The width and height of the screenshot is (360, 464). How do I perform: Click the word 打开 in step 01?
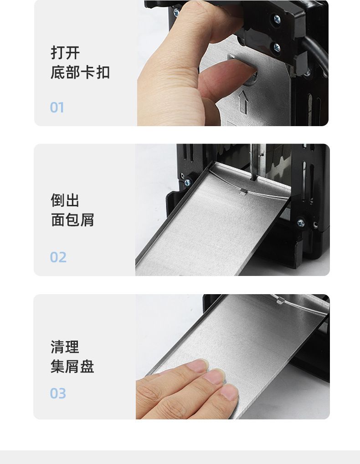click(x=65, y=53)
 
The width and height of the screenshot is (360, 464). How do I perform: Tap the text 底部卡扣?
click(x=80, y=72)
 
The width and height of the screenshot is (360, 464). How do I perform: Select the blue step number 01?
click(x=57, y=107)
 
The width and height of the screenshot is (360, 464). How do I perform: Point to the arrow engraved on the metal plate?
click(x=243, y=102)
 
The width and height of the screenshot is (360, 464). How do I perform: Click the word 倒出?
click(x=65, y=200)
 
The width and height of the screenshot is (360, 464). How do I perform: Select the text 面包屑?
click(x=72, y=220)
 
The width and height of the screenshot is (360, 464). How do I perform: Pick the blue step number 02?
click(x=58, y=257)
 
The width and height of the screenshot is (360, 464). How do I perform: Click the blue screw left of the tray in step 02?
click(x=187, y=183)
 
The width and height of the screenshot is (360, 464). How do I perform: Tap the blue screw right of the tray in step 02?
click(x=301, y=223)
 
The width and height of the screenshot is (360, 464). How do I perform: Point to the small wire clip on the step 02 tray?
click(x=243, y=192)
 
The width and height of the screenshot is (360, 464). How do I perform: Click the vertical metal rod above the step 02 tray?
click(x=254, y=162)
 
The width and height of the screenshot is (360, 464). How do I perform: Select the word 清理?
click(x=65, y=347)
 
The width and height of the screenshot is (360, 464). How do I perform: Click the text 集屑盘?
click(x=72, y=367)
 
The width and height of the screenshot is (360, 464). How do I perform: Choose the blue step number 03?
click(x=58, y=393)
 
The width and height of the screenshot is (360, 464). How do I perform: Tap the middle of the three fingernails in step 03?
click(x=214, y=377)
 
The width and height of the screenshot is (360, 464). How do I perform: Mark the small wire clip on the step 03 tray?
click(x=280, y=301)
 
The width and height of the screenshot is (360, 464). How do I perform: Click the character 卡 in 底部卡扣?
click(x=87, y=72)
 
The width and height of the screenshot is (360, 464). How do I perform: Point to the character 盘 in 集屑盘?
click(x=87, y=367)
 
